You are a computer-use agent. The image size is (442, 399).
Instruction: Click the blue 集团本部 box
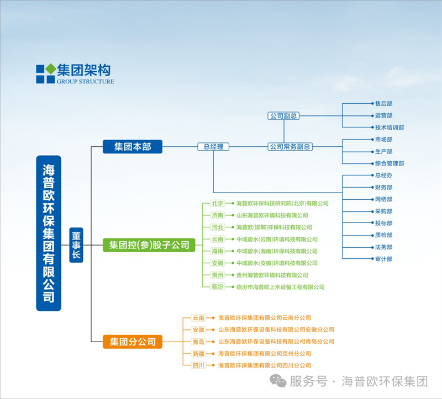point(133,147)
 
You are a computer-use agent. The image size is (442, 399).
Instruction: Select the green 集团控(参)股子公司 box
point(149,244)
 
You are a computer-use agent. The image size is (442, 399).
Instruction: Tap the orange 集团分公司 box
point(133,341)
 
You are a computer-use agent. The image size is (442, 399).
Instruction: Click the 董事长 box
point(76,244)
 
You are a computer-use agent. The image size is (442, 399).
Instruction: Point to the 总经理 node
point(213,147)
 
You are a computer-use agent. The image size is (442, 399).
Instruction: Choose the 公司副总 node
point(284,116)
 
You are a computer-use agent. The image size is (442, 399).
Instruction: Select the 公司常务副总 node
point(290,147)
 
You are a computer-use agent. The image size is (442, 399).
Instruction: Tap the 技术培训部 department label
point(390,127)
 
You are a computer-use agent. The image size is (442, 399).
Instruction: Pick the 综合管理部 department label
point(390,163)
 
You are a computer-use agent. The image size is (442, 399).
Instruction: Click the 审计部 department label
point(383,259)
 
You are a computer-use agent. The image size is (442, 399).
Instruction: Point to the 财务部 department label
point(383,188)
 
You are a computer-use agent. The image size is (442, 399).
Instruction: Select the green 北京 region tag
point(217,204)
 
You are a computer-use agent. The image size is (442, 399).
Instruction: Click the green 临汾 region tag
point(217,287)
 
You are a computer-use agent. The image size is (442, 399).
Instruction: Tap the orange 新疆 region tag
point(198,353)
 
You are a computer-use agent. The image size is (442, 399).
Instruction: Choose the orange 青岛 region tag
point(198,342)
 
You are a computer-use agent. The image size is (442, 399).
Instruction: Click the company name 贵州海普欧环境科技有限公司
point(272,275)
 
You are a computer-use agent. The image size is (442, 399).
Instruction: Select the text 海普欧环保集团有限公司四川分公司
point(265,365)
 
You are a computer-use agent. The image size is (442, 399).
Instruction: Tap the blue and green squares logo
point(45,74)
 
